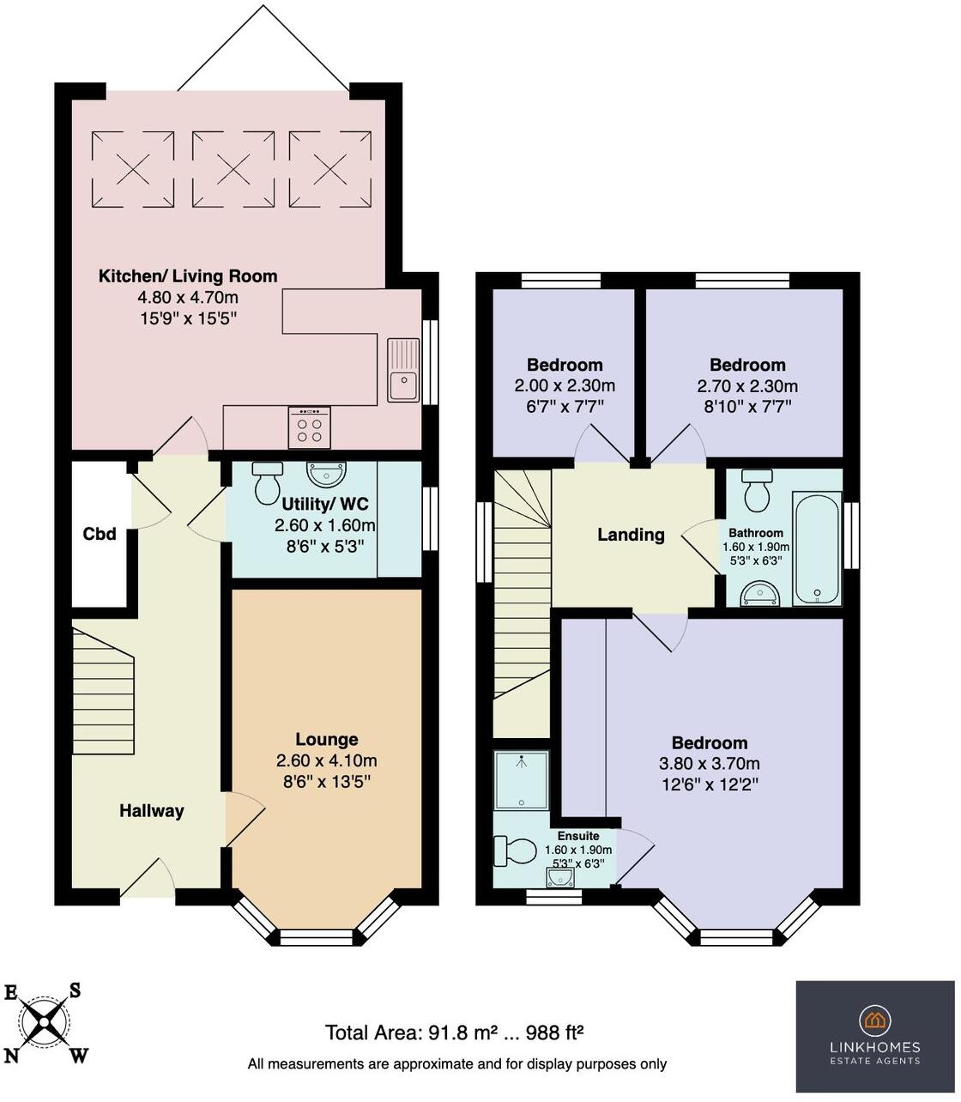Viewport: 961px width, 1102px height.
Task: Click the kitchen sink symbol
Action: click(402, 370)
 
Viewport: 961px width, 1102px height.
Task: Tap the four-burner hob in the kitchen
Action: click(310, 427)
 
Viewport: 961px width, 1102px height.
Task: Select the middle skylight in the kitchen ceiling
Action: click(233, 169)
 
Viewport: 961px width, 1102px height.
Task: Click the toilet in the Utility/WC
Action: click(268, 482)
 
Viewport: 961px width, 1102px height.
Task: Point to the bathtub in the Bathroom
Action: click(816, 548)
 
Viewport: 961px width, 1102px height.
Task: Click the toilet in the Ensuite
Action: click(514, 851)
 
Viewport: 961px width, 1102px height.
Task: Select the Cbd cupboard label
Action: click(100, 534)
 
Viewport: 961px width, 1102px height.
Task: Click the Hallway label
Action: click(151, 810)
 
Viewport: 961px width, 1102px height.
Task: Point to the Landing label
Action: click(631, 535)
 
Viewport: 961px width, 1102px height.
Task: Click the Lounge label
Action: click(326, 739)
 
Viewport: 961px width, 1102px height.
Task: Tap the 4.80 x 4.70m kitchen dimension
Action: click(188, 298)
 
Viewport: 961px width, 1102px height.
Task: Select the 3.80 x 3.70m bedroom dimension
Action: click(709, 764)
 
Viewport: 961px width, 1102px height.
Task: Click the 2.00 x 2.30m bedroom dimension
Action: click(564, 385)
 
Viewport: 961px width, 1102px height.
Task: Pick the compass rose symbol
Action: click(47, 1023)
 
